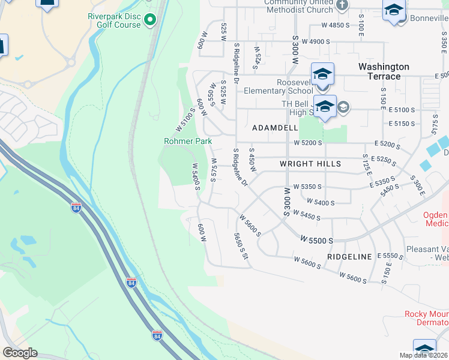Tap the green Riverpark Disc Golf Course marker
point(150,20)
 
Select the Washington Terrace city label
point(384,71)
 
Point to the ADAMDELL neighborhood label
point(275,128)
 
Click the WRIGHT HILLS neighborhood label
point(310,164)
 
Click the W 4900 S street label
point(316,41)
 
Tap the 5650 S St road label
point(241,246)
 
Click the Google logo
point(20,353)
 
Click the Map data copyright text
point(424,355)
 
